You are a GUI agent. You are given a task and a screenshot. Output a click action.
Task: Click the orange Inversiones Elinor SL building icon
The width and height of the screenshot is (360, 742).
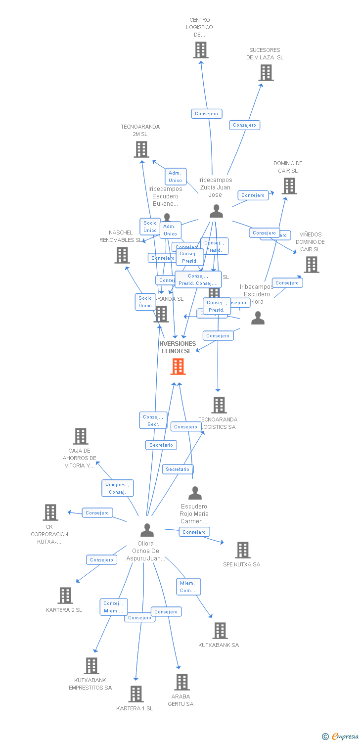tap(178, 367)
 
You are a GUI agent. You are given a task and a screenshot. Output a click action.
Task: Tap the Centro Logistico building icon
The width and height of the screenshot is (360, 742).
tap(200, 50)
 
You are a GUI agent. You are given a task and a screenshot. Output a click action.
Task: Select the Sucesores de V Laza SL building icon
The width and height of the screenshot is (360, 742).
tap(266, 73)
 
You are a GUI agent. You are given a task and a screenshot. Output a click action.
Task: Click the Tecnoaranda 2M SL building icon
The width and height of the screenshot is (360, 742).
tap(141, 149)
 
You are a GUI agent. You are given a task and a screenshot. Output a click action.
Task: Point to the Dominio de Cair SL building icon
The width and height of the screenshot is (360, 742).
tap(289, 186)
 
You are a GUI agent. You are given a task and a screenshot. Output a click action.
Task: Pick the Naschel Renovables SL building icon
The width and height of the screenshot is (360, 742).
tap(122, 255)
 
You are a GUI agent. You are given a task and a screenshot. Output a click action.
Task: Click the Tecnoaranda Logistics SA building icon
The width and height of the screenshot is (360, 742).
tap(219, 405)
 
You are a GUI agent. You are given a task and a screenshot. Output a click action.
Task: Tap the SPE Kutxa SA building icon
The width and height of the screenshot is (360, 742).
tap(242, 550)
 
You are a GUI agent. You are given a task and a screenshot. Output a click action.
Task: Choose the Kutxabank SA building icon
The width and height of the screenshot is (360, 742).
tap(220, 630)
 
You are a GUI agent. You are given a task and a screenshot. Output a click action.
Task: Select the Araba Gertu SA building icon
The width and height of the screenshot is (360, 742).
tap(181, 682)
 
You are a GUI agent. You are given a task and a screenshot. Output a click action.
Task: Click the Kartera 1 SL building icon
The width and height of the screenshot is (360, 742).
tap(136, 694)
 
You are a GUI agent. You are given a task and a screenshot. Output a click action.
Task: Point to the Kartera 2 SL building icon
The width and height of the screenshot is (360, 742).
tap(65, 595)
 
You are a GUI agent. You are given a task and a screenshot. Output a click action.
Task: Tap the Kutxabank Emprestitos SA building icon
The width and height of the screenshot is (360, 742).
tap(91, 665)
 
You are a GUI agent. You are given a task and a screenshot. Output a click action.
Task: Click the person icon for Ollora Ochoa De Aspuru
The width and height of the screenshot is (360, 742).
tap(147, 530)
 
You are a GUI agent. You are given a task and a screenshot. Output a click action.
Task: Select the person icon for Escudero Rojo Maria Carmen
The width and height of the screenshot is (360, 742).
tap(195, 493)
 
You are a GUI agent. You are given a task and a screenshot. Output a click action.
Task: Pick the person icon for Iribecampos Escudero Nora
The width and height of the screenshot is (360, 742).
tap(258, 318)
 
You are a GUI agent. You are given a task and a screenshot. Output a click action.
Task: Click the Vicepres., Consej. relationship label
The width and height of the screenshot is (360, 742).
tap(117, 488)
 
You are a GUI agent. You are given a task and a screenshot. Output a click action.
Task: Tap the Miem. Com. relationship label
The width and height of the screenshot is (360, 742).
tap(188, 587)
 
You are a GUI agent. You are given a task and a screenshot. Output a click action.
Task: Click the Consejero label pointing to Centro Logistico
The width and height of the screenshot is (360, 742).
tap(207, 114)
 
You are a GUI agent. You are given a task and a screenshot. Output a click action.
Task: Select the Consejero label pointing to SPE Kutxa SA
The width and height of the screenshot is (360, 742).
tap(194, 532)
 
